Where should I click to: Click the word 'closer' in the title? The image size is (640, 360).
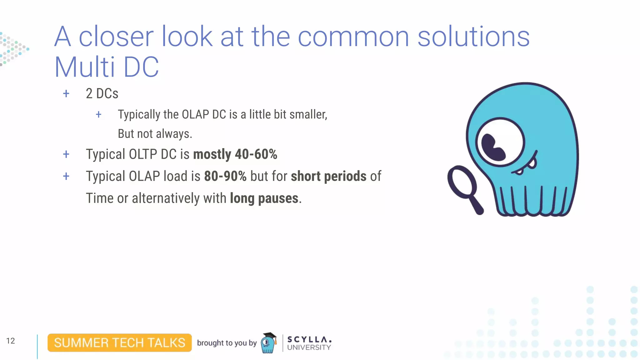click(116, 37)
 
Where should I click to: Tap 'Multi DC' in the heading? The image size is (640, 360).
click(107, 67)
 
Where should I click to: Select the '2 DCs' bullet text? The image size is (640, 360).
click(102, 94)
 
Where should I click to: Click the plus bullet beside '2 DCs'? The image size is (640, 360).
click(66, 94)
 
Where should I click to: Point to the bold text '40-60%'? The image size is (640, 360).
click(256, 154)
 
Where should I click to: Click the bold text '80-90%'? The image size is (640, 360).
click(225, 176)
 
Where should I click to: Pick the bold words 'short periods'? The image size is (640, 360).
click(328, 176)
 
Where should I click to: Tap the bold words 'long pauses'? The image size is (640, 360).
click(264, 198)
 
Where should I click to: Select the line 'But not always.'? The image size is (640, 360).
click(155, 134)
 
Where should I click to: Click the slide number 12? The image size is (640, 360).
click(10, 341)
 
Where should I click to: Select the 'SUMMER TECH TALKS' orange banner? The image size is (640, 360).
click(120, 343)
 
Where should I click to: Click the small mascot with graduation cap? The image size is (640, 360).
click(269, 343)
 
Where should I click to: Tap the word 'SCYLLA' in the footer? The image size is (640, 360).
click(309, 339)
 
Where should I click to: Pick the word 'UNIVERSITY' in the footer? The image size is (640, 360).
click(309, 347)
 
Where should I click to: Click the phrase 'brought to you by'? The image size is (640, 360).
click(227, 343)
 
